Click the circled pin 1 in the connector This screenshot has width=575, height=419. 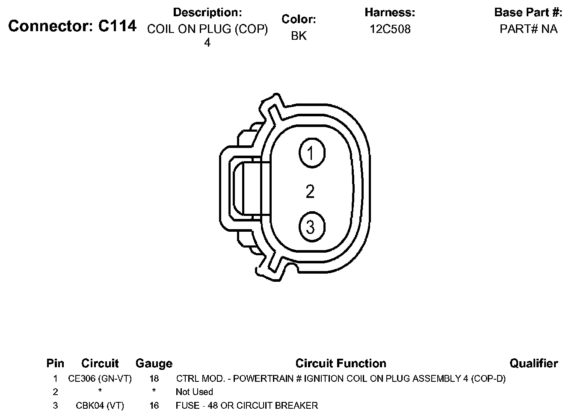(312, 153)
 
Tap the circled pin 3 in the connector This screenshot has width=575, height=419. (312, 227)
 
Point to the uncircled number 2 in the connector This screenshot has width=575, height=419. (310, 192)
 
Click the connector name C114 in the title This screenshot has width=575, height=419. (117, 26)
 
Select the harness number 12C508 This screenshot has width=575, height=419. (390, 29)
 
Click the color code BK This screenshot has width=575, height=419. (299, 35)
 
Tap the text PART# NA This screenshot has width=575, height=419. (528, 29)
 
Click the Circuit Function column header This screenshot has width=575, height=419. (341, 363)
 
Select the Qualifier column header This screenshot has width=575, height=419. (534, 363)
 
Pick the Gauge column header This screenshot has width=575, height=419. (154, 364)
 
